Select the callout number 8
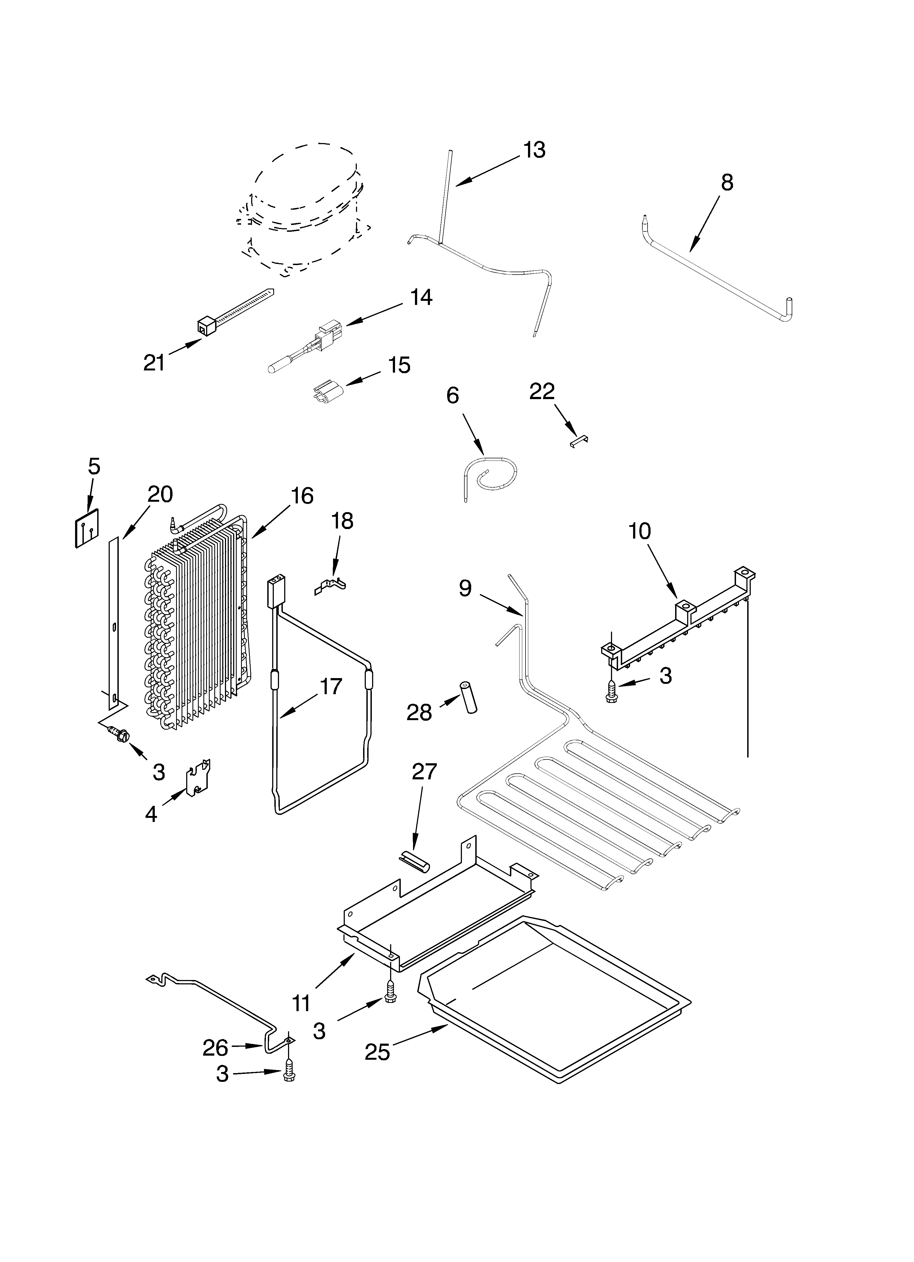click(727, 183)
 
